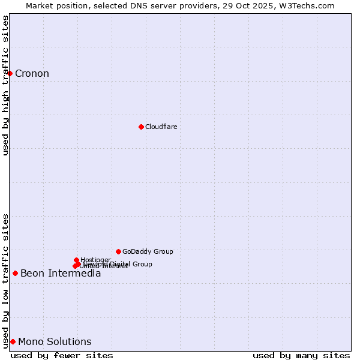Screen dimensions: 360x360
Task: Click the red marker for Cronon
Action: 10,73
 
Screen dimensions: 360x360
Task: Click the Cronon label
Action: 32,74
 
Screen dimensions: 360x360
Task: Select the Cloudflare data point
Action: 141,127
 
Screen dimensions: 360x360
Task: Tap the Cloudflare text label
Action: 161,127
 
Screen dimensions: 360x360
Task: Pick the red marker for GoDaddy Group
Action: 118,251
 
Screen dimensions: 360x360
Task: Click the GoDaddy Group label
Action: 148,251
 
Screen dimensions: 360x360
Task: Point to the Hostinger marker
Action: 76,260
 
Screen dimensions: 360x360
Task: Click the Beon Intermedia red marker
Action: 15,273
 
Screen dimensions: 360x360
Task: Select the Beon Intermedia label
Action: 61,274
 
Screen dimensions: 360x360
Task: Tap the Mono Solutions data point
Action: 13,341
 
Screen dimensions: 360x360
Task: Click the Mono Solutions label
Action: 55,342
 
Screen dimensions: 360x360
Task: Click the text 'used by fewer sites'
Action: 62,355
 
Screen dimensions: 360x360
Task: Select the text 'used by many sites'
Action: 301,355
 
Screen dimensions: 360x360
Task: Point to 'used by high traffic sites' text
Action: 5,85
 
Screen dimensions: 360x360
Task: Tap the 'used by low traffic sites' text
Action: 5,280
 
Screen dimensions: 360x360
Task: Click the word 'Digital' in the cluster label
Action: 119,264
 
